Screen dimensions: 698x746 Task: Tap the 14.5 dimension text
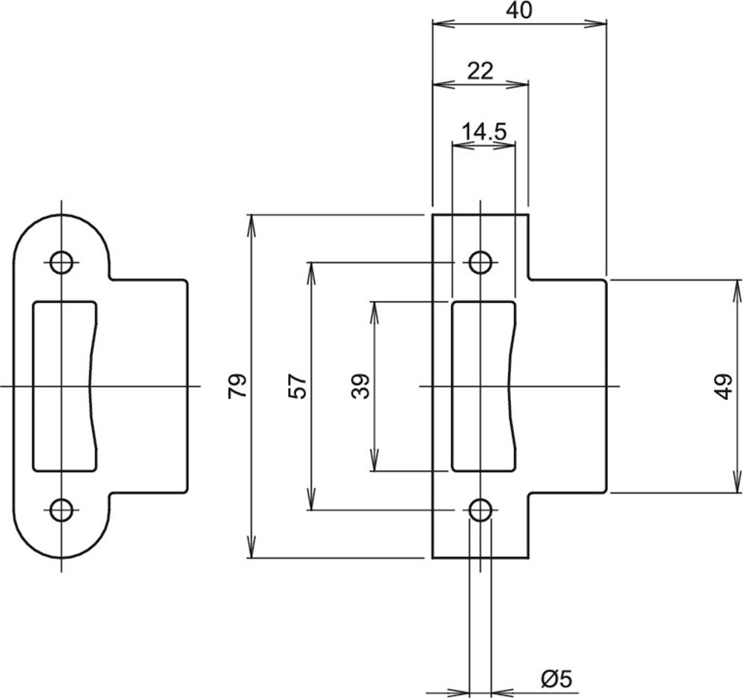[483, 131]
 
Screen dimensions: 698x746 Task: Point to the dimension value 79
[237, 387]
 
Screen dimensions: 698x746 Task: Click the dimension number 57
[298, 387]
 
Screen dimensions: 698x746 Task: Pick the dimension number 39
[361, 387]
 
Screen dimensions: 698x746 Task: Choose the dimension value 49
[722, 387]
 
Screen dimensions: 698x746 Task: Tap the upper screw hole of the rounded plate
[61, 262]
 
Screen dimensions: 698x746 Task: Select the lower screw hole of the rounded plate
[61, 510]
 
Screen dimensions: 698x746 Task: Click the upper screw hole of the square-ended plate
[480, 262]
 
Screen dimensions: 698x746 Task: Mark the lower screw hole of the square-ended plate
[480, 510]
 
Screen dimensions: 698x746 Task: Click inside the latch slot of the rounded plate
[63, 387]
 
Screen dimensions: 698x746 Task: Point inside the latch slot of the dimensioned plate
[483, 387]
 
